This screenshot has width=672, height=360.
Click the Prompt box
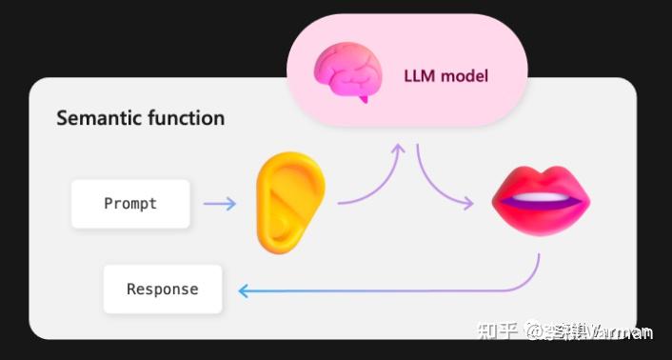[129, 203]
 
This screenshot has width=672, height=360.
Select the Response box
[163, 289]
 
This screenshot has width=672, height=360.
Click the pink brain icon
[347, 71]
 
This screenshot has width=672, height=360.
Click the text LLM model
[445, 75]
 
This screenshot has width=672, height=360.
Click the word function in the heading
[184, 119]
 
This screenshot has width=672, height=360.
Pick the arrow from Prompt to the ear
[219, 203]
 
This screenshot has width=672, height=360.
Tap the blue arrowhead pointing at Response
[244, 291]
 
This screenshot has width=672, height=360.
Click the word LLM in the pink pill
[420, 75]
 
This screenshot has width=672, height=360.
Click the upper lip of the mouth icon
[540, 181]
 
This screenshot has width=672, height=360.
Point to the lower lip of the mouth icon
[540, 218]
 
